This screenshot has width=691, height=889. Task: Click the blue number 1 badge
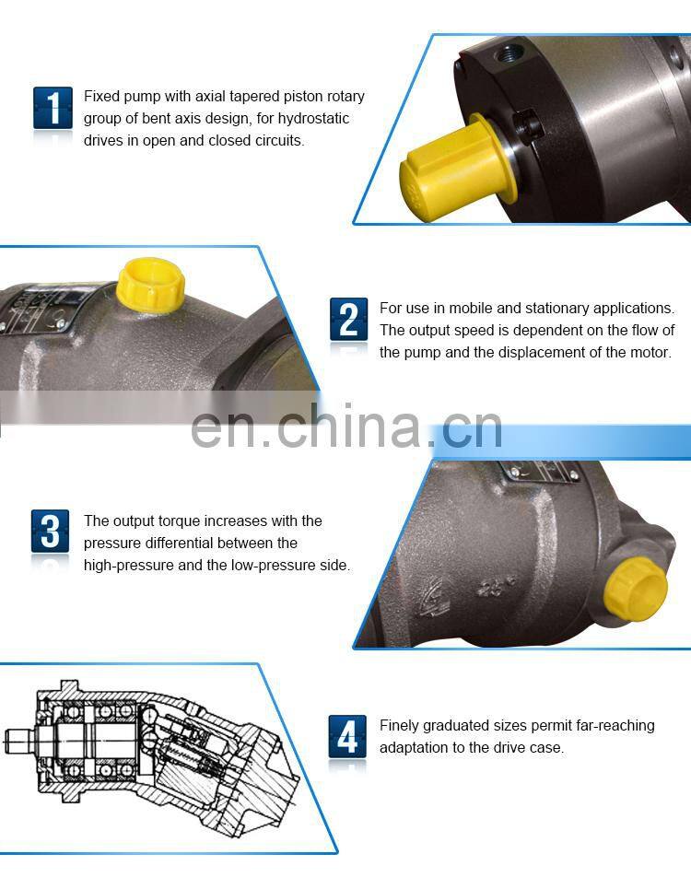53,108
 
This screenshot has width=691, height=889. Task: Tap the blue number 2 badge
348,319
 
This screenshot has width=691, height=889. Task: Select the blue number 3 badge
50,532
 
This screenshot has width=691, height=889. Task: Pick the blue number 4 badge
347,736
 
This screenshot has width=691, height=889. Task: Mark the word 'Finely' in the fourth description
401,726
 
